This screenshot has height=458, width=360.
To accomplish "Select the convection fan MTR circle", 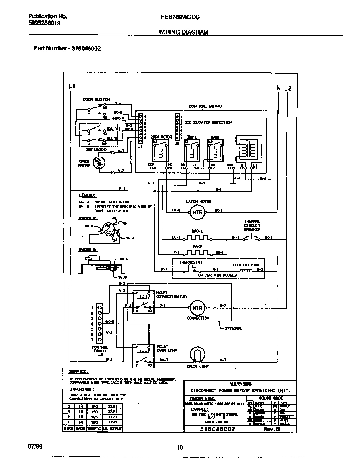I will click(x=197, y=308).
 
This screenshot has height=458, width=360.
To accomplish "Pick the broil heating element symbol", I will click(x=197, y=238).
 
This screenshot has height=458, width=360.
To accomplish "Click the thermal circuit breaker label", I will click(x=252, y=225).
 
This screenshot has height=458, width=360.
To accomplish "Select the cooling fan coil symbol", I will click(x=246, y=270).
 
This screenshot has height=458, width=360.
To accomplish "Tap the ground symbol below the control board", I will click(x=232, y=182).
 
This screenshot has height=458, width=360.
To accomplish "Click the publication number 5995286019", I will click(x=44, y=24).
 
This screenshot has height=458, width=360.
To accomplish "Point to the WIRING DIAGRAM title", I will click(x=183, y=32).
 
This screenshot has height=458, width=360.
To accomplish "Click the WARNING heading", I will click(x=241, y=383).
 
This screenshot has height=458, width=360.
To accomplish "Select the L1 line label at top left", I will click(x=71, y=87).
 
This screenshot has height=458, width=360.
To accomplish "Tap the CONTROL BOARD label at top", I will click(x=205, y=107).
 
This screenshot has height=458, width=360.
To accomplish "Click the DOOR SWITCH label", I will click(x=96, y=100).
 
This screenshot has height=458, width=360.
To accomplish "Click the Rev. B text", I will click(x=272, y=429).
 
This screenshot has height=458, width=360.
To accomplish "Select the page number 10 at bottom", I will click(x=180, y=448).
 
